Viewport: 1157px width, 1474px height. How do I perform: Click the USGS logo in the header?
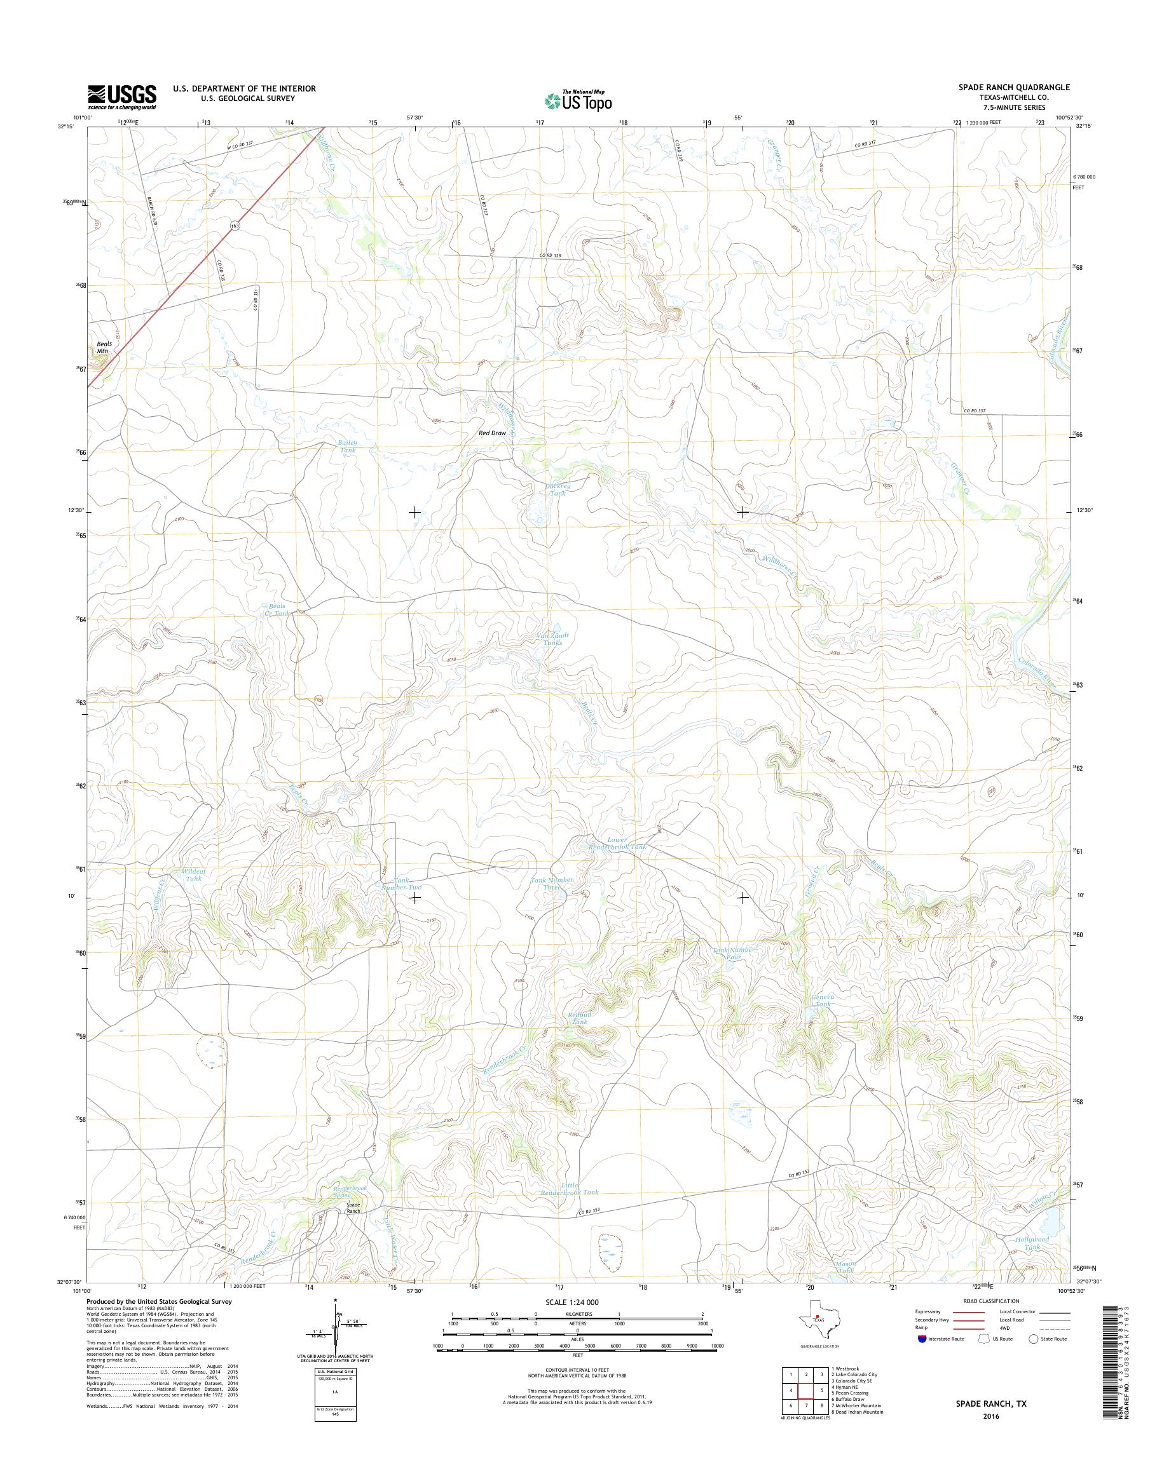pos(122,97)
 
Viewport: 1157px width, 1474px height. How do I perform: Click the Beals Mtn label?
pos(103,348)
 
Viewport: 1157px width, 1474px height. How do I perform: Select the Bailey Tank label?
pos(348,446)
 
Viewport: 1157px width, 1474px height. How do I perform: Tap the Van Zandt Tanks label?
pos(553,639)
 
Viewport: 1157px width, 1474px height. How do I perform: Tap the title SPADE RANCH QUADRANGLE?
pos(1014,87)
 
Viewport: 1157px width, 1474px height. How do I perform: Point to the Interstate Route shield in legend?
pos(922,1339)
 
